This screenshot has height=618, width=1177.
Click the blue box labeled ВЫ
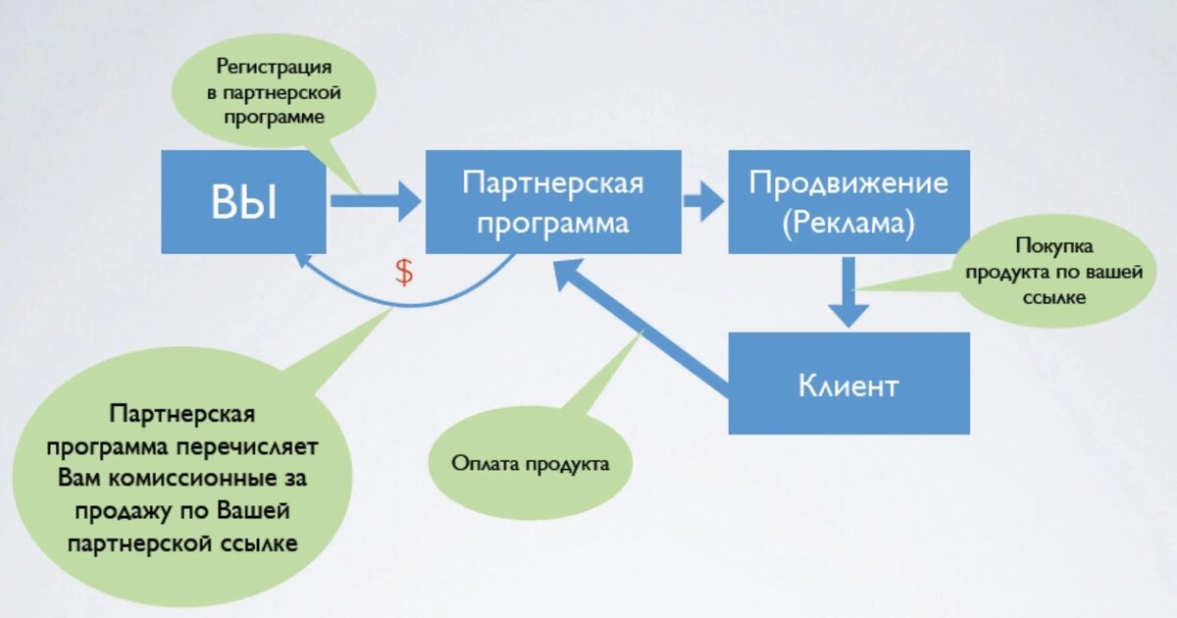tap(243, 202)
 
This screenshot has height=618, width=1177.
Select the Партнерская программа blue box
tap(553, 202)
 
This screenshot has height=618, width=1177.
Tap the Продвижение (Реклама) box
tap(848, 202)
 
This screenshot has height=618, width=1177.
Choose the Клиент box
tap(848, 384)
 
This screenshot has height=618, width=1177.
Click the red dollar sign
tap(404, 273)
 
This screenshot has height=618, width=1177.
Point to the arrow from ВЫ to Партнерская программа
tap(376, 201)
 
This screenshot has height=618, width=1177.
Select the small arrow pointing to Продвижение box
tap(703, 201)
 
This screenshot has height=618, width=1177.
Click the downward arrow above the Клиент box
tap(848, 291)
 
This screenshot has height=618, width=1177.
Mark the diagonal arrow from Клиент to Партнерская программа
tap(641, 326)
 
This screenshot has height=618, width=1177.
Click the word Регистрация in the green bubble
tap(274, 67)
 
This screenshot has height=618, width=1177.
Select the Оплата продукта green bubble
tap(531, 462)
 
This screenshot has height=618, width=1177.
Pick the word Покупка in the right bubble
tap(1054, 246)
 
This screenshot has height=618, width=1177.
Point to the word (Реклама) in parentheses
tap(848, 223)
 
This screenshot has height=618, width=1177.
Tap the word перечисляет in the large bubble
tap(246, 447)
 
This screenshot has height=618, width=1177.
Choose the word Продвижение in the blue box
tap(848, 183)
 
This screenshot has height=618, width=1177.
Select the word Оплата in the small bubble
tap(485, 463)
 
